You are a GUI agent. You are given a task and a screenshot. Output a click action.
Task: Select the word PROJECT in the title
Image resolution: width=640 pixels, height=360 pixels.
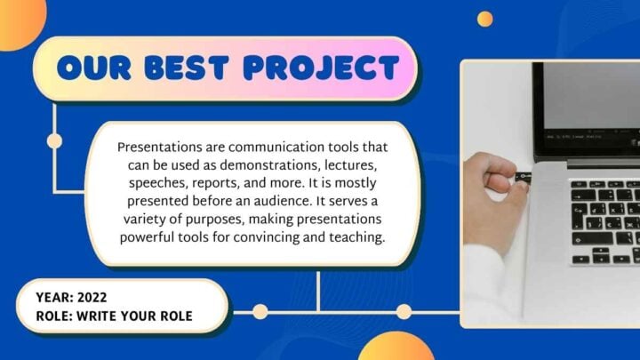(x=321, y=68)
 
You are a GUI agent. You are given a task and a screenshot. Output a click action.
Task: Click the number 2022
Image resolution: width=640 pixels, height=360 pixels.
(x=93, y=298)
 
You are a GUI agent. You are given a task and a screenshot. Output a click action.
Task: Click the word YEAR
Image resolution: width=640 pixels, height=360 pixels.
(x=54, y=298)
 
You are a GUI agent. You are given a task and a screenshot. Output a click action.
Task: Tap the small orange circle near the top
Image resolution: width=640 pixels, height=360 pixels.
(x=484, y=19)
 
